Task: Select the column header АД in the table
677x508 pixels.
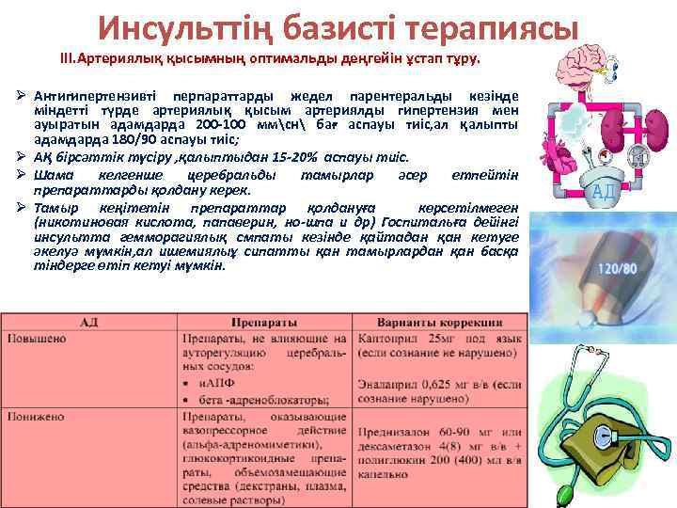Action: coord(90,322)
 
